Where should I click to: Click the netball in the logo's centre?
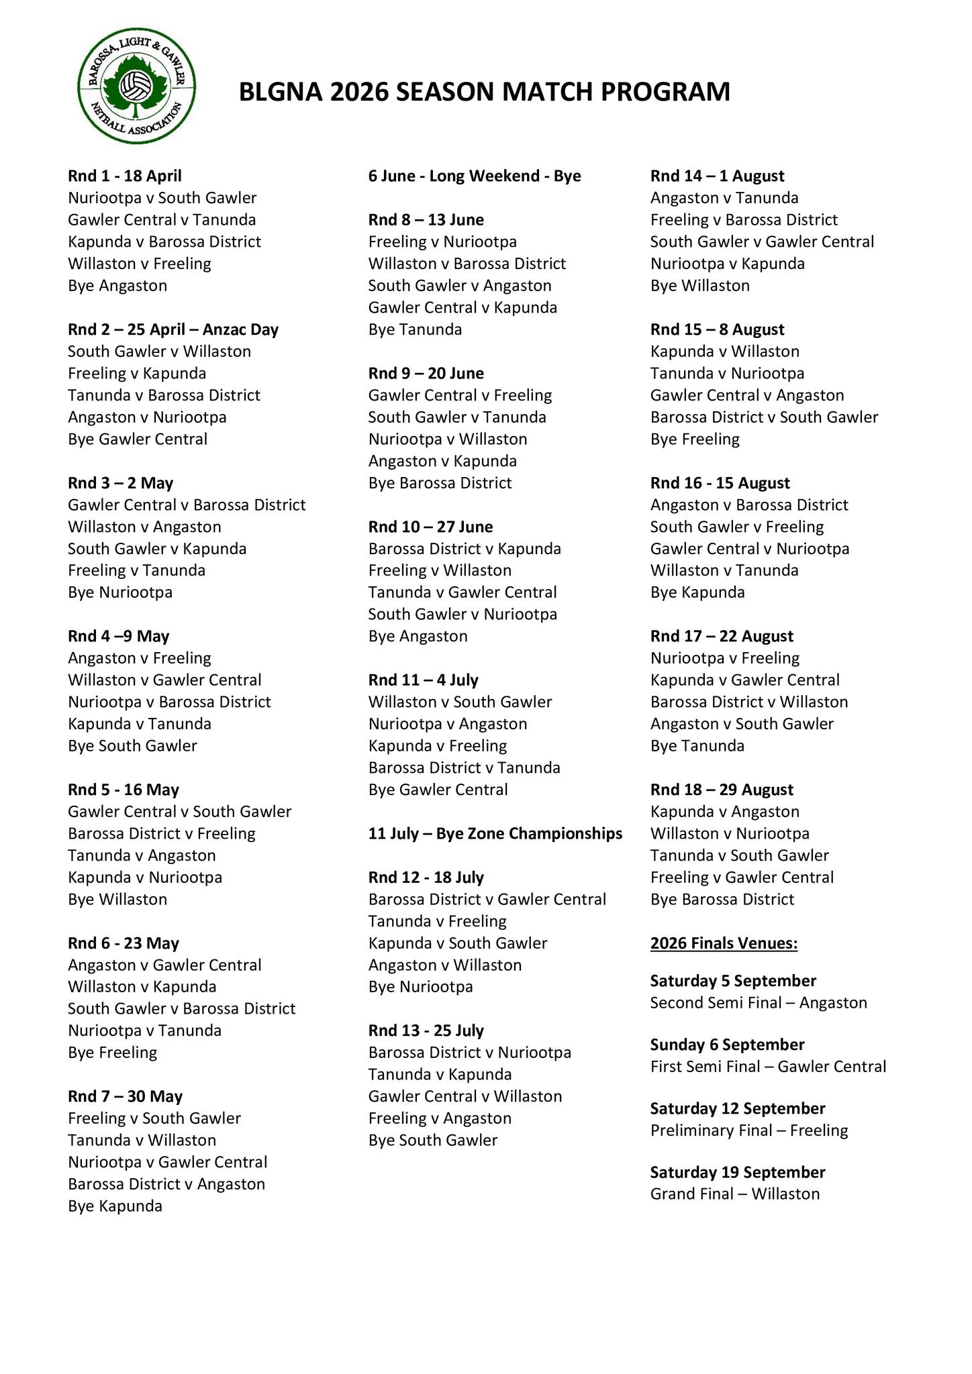[136, 87]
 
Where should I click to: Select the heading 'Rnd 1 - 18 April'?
[125, 176]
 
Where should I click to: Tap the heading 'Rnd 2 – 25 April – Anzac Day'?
[173, 329]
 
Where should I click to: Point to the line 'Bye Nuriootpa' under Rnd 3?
[120, 592]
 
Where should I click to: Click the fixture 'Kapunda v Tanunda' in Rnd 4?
[140, 724]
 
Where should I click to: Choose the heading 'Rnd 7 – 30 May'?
[126, 1096]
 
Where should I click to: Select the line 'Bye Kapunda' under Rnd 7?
[115, 1206]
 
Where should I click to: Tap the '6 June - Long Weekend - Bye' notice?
[475, 176]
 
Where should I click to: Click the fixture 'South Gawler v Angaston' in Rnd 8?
[460, 286]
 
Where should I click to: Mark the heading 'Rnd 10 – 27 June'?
[430, 527]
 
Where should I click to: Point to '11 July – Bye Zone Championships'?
[495, 833]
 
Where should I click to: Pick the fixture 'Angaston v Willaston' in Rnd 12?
[445, 965]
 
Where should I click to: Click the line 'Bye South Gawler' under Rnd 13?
[433, 1141]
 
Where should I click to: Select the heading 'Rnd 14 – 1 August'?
[717, 176]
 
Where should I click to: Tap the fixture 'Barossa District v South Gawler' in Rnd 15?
[764, 417]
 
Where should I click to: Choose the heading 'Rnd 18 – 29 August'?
[722, 790]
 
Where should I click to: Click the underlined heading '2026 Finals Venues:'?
[724, 943]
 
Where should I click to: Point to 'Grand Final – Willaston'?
[735, 1194]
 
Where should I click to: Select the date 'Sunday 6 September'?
[727, 1045]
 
